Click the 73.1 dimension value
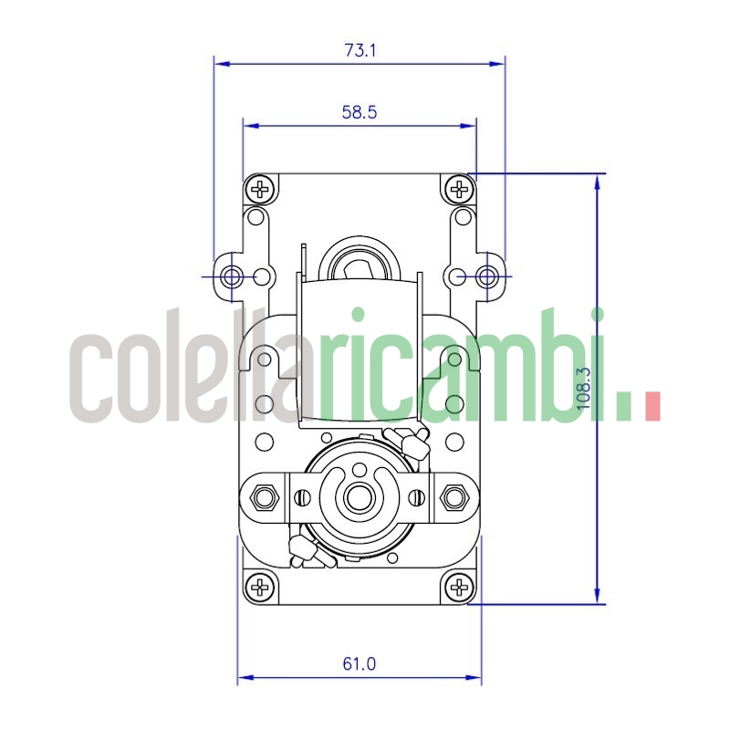(x=360, y=50)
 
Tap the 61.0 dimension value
(x=360, y=663)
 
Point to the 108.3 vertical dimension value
(x=585, y=388)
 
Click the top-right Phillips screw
(x=459, y=190)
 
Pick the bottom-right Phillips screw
(x=459, y=587)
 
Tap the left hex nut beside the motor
(x=266, y=497)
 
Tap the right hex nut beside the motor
(x=454, y=497)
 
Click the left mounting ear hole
(x=231, y=276)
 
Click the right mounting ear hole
(x=489, y=276)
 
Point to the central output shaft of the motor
(x=359, y=499)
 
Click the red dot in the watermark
(x=651, y=405)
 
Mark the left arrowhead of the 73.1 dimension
(x=220, y=64)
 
